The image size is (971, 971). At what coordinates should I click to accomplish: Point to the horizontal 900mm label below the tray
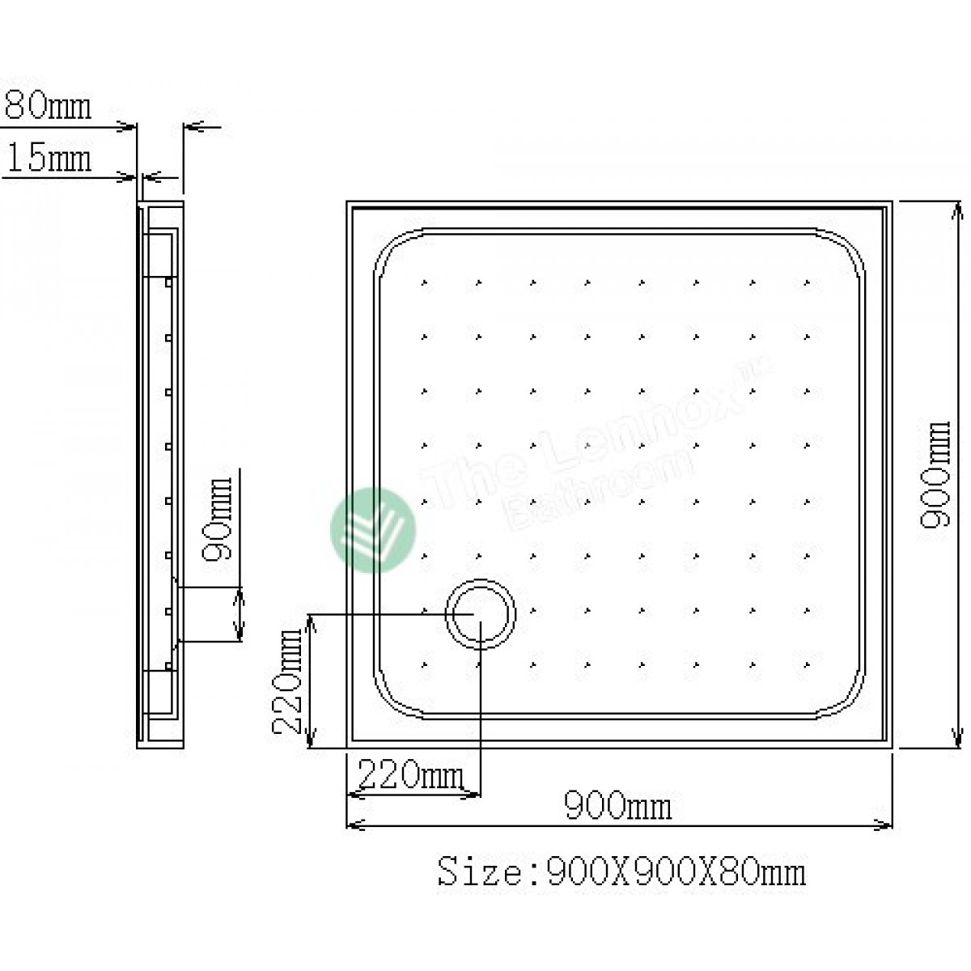pos(617,806)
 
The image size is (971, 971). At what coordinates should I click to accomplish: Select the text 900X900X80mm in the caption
pos(676,871)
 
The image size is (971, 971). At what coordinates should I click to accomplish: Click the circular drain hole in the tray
pos(481,613)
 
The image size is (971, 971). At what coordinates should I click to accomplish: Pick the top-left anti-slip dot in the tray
pos(423,282)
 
